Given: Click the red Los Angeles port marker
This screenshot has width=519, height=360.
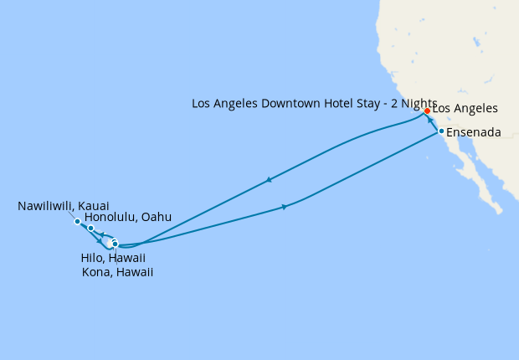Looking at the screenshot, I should point(427,111).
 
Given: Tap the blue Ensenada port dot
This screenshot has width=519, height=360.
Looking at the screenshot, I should point(441,131).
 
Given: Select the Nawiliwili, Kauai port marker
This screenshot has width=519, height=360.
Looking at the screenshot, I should point(77,222).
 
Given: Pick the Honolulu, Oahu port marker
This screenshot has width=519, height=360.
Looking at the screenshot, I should point(90,228).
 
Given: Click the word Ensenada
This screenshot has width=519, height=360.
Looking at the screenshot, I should point(475,132).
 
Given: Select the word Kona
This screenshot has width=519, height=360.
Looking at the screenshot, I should point(96,272).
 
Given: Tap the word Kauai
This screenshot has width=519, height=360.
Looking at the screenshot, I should point(94,205).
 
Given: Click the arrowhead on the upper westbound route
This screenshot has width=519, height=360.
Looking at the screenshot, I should point(268,178).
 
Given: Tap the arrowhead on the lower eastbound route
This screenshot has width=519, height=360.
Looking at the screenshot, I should point(285,207).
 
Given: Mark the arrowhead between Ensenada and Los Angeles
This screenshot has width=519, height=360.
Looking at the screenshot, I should point(430,121).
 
